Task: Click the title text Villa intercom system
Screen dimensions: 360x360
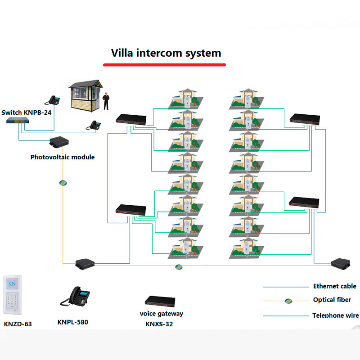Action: click(x=166, y=53)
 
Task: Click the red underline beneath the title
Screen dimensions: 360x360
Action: click(x=164, y=65)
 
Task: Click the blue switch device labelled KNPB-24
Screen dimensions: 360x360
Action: click(x=18, y=121)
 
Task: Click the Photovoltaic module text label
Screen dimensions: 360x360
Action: click(x=63, y=157)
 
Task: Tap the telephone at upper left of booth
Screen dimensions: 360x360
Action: click(x=55, y=100)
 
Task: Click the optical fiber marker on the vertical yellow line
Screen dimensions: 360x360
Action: click(x=63, y=183)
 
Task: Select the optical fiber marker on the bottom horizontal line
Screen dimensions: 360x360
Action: click(x=179, y=267)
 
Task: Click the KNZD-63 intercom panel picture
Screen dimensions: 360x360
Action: click(x=12, y=295)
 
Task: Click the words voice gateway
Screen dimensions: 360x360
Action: click(x=161, y=313)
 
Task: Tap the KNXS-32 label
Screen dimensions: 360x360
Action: click(x=159, y=324)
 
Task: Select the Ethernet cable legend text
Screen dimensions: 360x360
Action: click(x=334, y=286)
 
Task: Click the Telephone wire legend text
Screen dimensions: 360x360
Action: click(x=335, y=315)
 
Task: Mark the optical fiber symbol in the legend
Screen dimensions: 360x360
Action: click(x=288, y=301)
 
